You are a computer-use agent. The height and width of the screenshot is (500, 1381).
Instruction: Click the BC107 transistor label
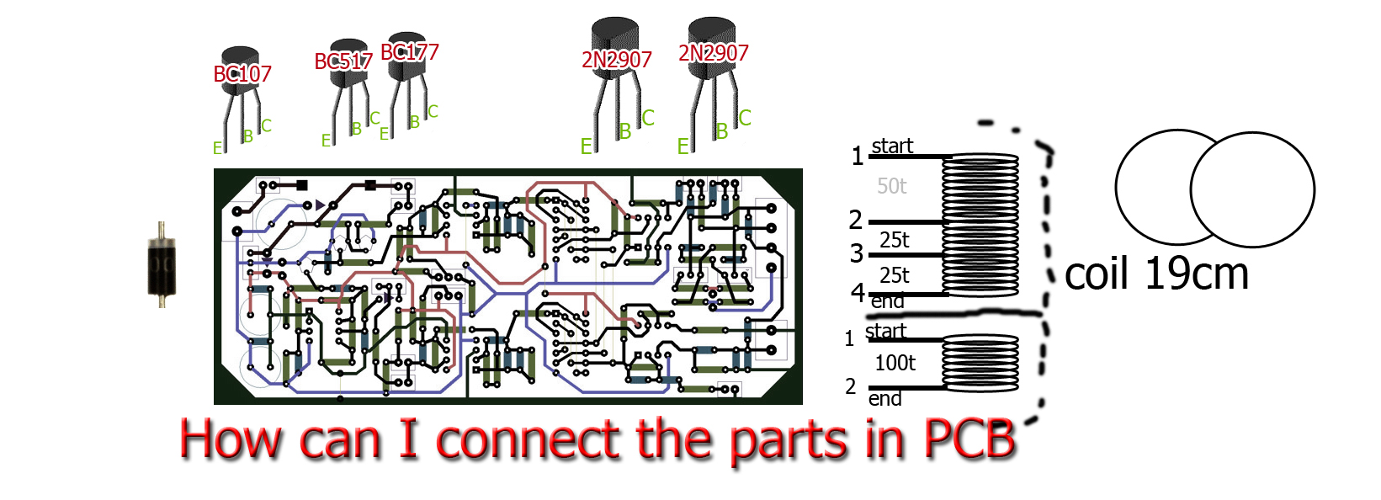pos(242,74)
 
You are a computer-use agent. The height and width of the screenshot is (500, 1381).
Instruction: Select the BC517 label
pos(343,61)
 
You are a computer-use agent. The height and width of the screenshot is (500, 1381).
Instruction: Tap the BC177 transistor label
pos(409,52)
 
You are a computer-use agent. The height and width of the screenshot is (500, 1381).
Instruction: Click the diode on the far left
pos(162,265)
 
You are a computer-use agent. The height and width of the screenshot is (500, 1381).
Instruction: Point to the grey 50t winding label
pos(892,185)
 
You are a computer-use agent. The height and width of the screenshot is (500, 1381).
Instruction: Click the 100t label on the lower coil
pos(895,363)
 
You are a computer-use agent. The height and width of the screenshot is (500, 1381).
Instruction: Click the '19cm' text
pos(1198,274)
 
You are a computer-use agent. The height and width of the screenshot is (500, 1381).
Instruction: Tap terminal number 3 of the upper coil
pos(857,253)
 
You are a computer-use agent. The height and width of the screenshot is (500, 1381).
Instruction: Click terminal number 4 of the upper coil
pos(858,292)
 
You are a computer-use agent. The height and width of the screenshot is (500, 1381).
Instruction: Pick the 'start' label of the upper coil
pos(892,146)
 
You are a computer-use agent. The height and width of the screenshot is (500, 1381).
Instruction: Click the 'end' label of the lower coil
pos(884,399)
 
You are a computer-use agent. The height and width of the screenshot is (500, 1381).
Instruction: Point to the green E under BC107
pos(217,148)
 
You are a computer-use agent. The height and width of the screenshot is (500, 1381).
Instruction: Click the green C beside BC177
pos(433,112)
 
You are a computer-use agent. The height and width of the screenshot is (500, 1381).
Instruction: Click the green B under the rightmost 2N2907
pos(722,131)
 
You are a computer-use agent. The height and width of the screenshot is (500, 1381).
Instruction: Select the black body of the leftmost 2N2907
pos(614,48)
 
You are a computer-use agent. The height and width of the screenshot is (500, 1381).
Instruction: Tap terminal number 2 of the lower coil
pos(850,386)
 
